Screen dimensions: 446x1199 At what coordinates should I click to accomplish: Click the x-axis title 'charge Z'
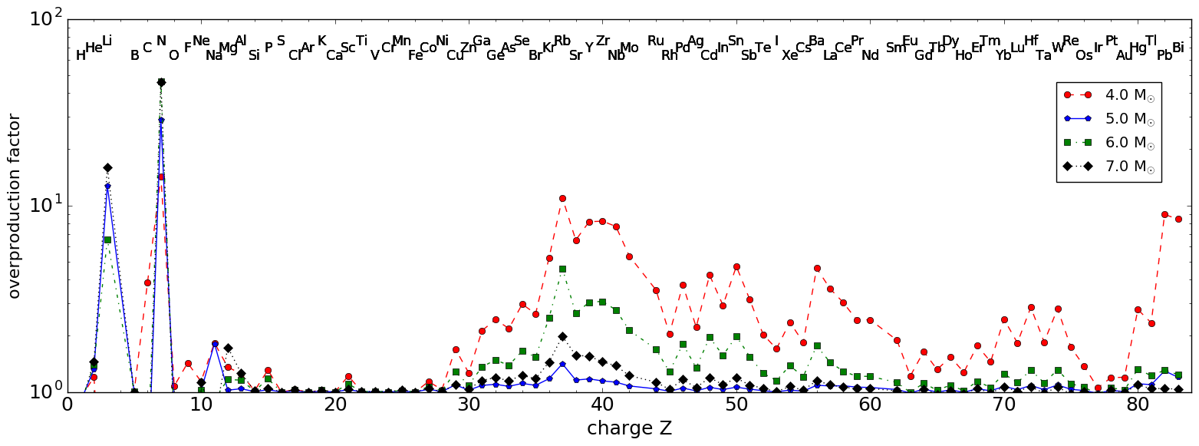629,428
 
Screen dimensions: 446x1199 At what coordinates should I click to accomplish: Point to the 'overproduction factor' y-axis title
14,206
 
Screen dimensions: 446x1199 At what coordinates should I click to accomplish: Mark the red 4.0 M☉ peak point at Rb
562,198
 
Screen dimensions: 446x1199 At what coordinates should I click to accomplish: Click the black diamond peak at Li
107,167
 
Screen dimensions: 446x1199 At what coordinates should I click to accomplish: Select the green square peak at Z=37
562,269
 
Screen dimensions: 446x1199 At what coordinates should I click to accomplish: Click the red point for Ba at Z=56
817,268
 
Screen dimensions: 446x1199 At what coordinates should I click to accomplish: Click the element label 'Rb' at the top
562,41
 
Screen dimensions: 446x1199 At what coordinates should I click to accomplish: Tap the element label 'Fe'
415,55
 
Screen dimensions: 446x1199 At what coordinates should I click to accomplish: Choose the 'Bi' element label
1178,48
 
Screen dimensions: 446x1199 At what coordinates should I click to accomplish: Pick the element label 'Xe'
789,55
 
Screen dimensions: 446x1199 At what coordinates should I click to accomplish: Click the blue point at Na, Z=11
215,344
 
